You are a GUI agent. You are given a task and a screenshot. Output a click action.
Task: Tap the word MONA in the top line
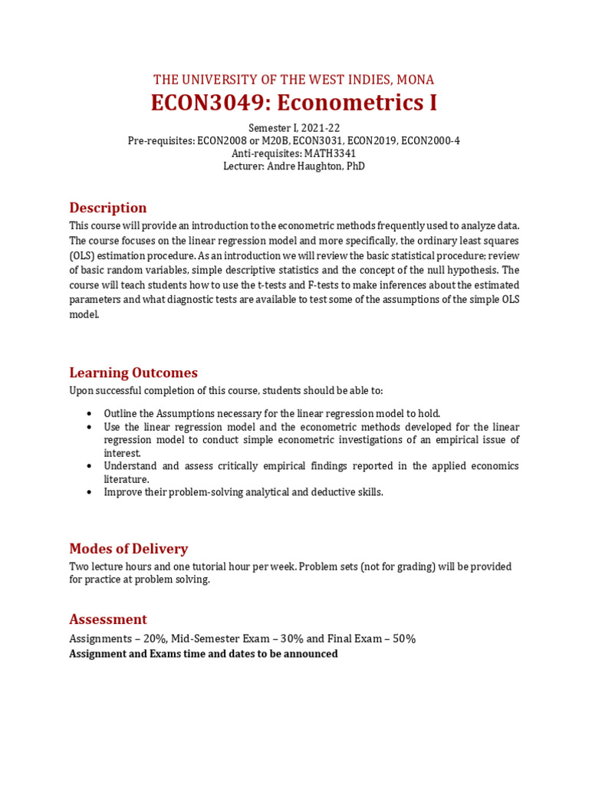[416, 80]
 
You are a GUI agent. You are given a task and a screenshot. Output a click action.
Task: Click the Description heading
[107, 208]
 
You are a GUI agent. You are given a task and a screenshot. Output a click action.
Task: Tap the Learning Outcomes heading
[133, 373]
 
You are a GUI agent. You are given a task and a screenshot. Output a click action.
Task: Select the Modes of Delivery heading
[128, 549]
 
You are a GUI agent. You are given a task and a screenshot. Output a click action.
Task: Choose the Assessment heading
[108, 619]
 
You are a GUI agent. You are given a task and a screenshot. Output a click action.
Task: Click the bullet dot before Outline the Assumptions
[90, 414]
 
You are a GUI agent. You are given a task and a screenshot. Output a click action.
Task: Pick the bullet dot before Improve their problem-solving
[90, 492]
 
